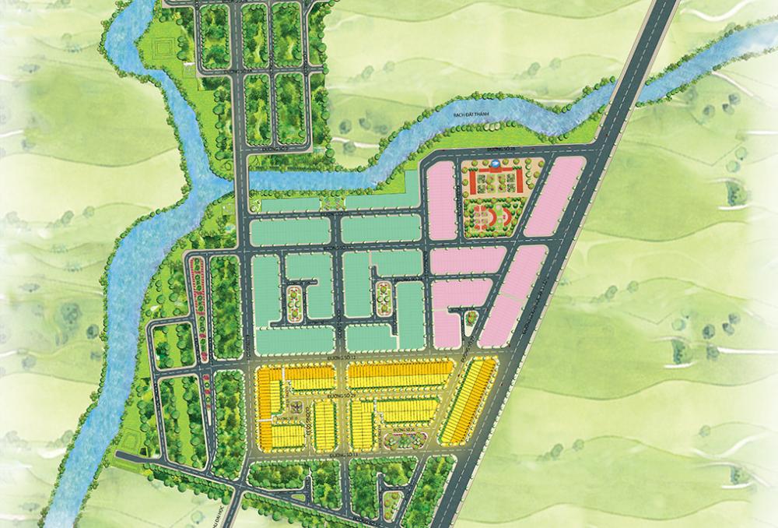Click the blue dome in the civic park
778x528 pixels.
491,165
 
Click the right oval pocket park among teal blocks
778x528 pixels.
382,298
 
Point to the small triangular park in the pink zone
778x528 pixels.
469,315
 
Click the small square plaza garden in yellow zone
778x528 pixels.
296,407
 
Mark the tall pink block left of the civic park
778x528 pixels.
440,200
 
